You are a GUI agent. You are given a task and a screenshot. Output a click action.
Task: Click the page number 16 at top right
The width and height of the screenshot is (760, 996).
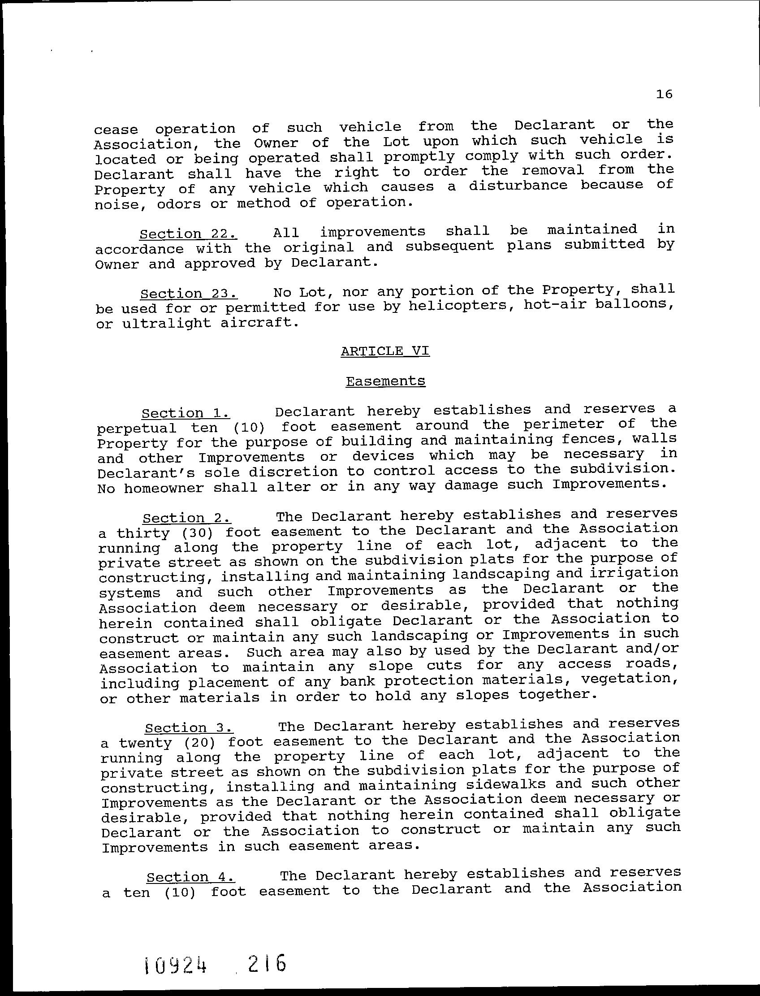pos(664,94)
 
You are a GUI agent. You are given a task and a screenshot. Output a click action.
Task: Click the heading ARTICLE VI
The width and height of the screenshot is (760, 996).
pos(385,351)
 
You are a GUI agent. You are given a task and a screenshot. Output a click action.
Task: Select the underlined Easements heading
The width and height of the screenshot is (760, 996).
pos(385,381)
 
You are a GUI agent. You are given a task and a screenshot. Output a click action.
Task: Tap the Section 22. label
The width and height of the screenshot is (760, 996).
pos(188,234)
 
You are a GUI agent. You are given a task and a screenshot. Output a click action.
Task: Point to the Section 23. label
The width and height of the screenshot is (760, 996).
pos(189,294)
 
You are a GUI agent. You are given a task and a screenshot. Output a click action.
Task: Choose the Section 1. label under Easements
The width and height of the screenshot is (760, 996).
pos(186,413)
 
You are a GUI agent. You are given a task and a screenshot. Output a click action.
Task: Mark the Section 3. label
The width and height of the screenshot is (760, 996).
pos(189,728)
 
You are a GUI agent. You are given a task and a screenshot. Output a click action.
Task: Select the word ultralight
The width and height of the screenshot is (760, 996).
pos(166,324)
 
